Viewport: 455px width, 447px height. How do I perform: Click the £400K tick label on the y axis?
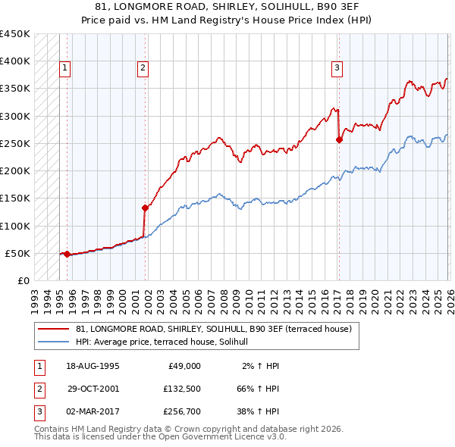(14, 61)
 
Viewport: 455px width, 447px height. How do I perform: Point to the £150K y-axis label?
(14, 198)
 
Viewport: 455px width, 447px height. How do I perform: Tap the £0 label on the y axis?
(23, 281)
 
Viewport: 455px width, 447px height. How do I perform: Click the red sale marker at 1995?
(67, 254)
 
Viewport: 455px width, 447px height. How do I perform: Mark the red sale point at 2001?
(144, 207)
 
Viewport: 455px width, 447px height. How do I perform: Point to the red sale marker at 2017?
(338, 139)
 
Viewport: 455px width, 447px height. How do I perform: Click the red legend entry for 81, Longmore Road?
(213, 330)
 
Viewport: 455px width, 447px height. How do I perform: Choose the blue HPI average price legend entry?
(168, 342)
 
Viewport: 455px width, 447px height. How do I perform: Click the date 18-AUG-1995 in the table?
(93, 366)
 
